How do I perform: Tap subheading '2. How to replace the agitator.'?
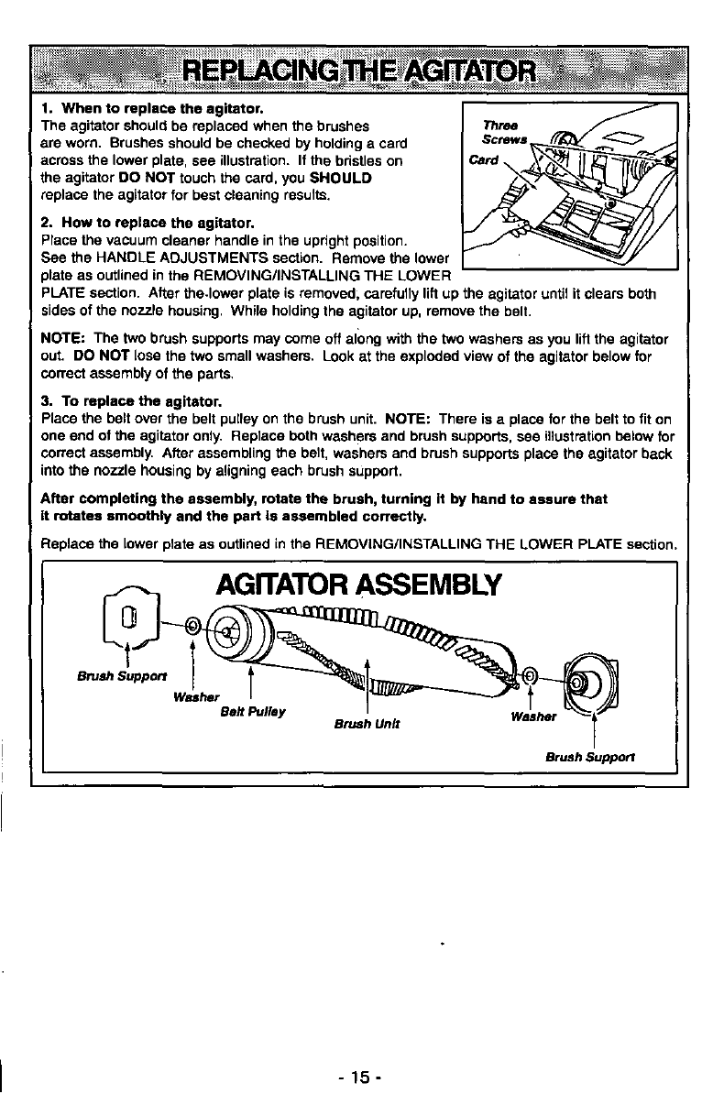click(147, 223)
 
